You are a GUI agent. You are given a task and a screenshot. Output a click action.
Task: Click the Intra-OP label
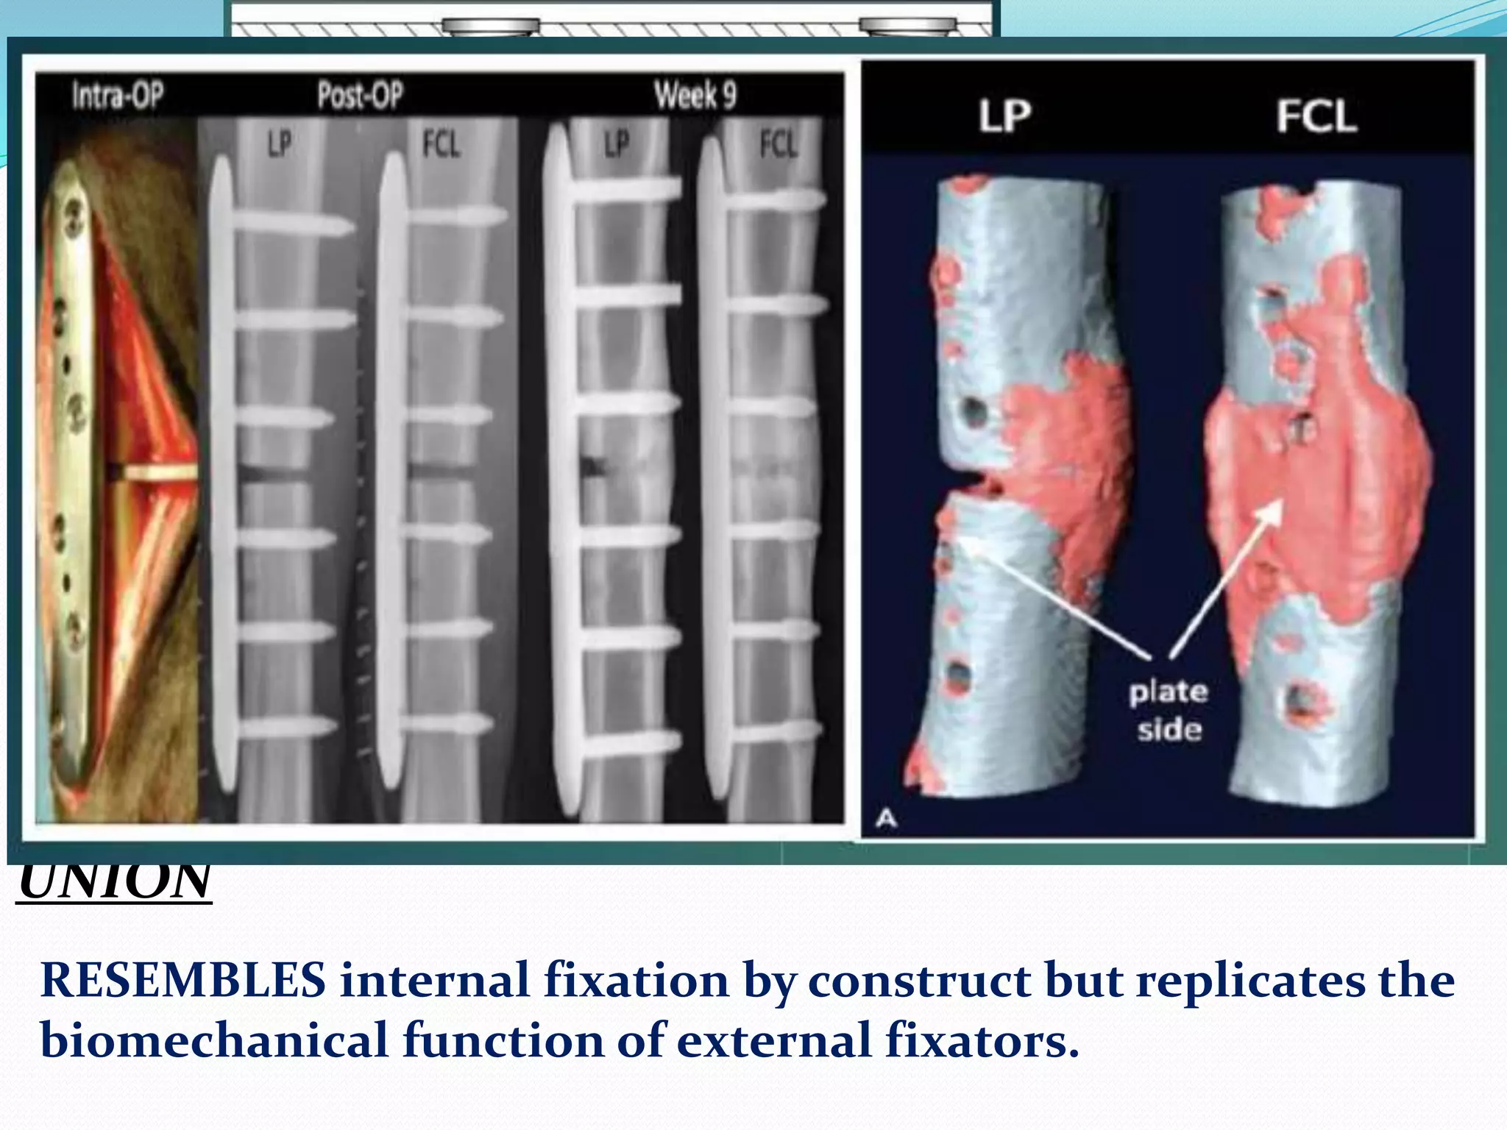pos(118,96)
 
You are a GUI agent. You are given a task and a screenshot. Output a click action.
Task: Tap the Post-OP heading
pos(360,96)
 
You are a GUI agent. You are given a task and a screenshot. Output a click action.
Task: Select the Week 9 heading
pos(695,96)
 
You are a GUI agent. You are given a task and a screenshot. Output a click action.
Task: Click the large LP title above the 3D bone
pos(1004,116)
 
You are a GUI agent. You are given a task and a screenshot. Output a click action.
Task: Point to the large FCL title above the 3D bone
pos(1316,116)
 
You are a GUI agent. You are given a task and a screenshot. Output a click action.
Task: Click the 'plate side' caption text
pos(1169,711)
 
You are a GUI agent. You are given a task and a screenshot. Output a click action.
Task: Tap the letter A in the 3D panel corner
pos(887,818)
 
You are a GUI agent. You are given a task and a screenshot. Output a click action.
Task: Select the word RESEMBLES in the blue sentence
pos(182,981)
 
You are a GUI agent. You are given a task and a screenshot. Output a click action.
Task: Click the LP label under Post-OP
pos(279,144)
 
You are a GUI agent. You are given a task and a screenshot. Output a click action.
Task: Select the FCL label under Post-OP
pos(441,144)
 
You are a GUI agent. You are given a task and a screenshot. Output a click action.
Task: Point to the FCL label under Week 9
pos(778,144)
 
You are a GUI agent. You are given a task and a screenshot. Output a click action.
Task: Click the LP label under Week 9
pos(617,144)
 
